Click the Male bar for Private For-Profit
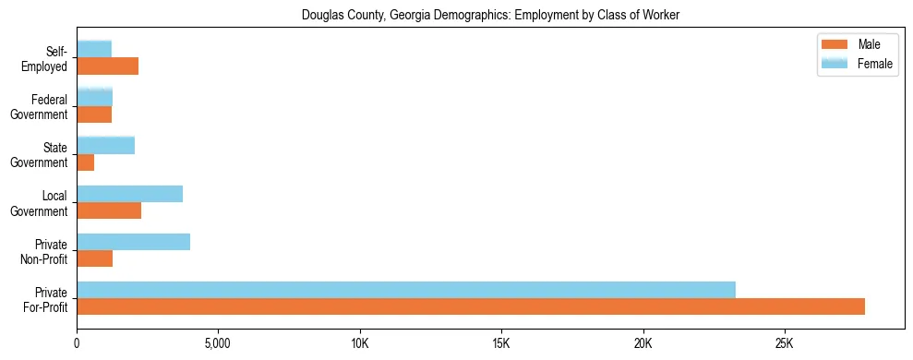(x=471, y=306)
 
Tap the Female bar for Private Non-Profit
(x=134, y=242)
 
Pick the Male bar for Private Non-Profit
(x=95, y=258)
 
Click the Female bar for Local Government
(x=130, y=194)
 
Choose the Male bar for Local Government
(x=109, y=210)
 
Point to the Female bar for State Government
(x=106, y=145)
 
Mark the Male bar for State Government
(x=86, y=162)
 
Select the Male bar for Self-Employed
(x=108, y=66)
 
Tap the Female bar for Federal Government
(x=95, y=97)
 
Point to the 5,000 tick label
(x=218, y=343)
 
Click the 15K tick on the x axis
(x=501, y=343)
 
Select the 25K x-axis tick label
(x=784, y=343)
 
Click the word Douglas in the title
(x=323, y=15)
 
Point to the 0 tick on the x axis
(x=78, y=343)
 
